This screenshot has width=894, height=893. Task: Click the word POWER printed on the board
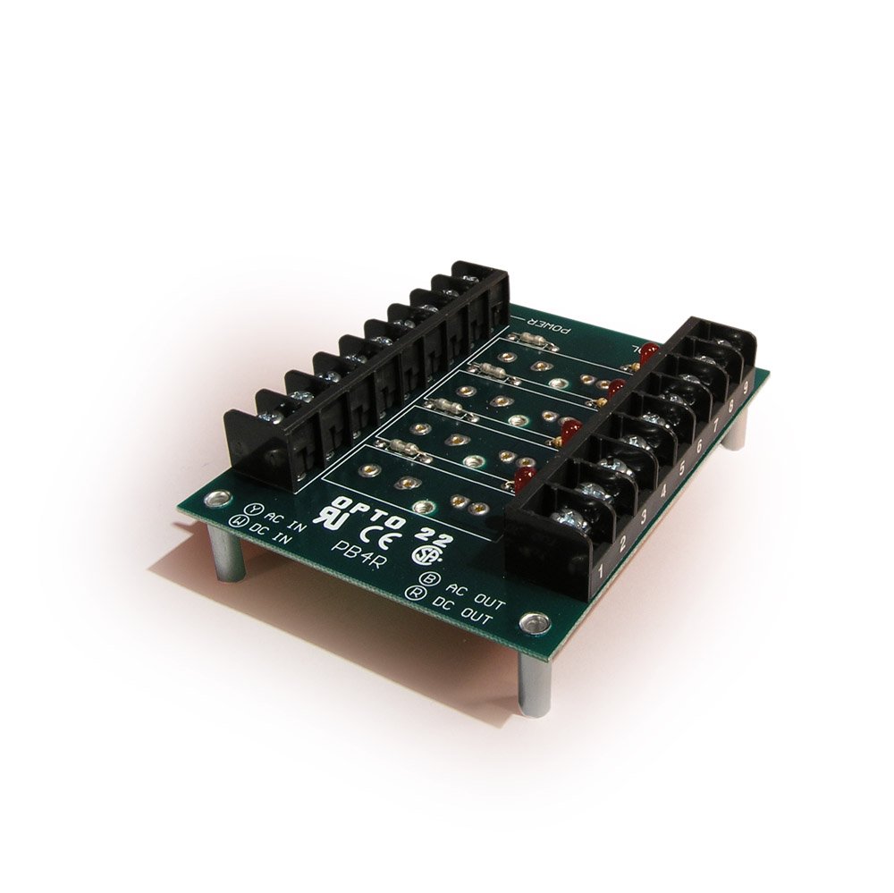541,324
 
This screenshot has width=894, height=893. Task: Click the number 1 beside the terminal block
604,568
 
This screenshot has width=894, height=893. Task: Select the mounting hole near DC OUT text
536,619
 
